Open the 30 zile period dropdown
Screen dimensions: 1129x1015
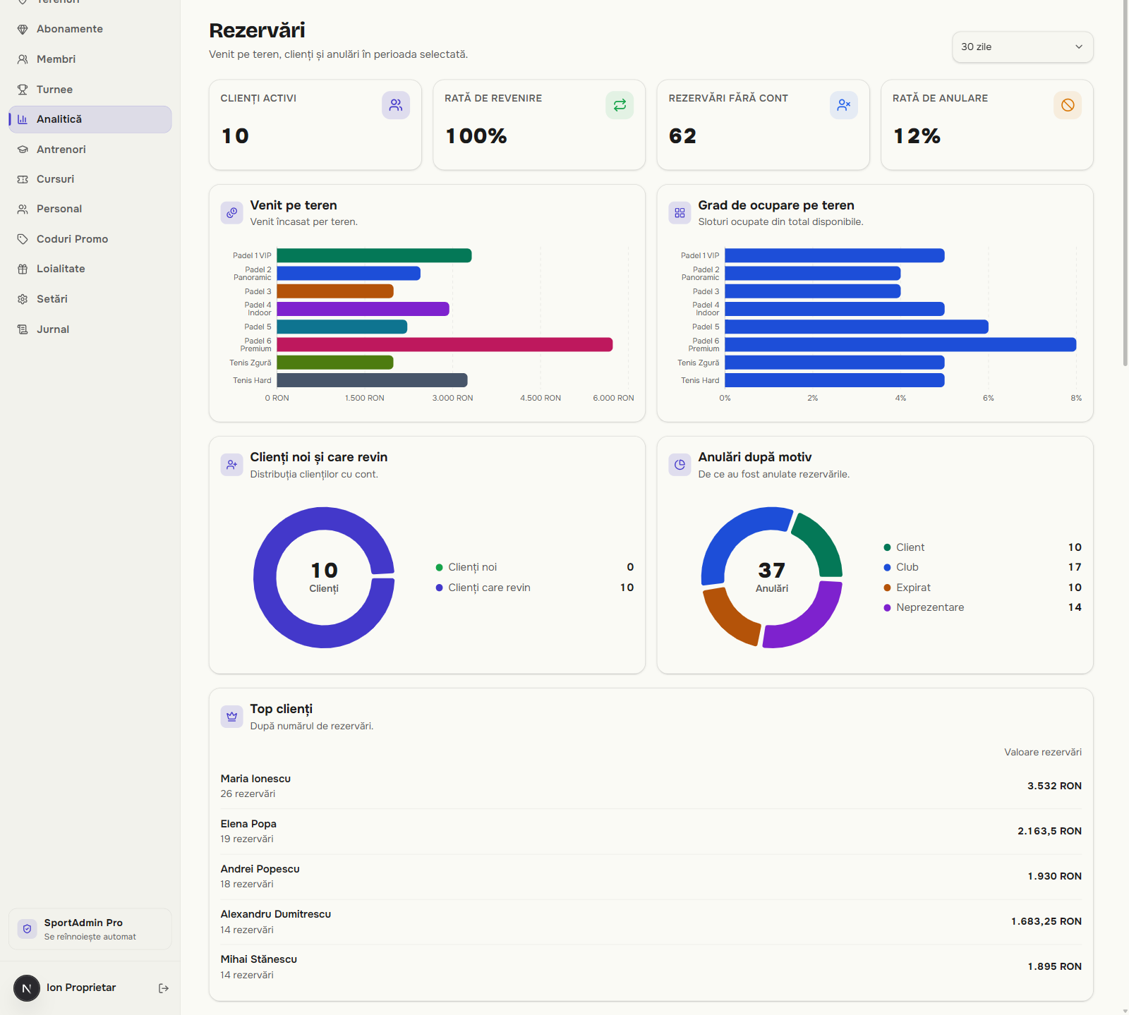tap(1022, 47)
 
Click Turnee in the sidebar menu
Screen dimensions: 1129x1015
tap(54, 90)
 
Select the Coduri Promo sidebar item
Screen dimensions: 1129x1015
tap(72, 239)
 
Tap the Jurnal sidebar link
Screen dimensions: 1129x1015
tap(53, 329)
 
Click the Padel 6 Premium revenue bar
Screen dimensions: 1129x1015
tap(445, 344)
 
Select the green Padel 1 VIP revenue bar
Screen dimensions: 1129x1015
tap(374, 255)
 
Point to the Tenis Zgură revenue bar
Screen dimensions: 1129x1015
tap(335, 363)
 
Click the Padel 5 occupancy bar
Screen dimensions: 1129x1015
tap(857, 327)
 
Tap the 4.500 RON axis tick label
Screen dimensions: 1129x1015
tap(541, 398)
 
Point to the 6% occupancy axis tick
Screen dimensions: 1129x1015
tap(988, 398)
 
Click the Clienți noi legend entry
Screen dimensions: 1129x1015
tap(466, 567)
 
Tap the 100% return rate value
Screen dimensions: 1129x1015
tap(476, 136)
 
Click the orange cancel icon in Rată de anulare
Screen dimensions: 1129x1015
tap(1068, 105)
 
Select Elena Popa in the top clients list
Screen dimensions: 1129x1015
tap(248, 824)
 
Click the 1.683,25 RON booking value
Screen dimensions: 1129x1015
tap(1046, 921)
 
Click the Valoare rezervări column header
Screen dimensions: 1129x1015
tap(1043, 752)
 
